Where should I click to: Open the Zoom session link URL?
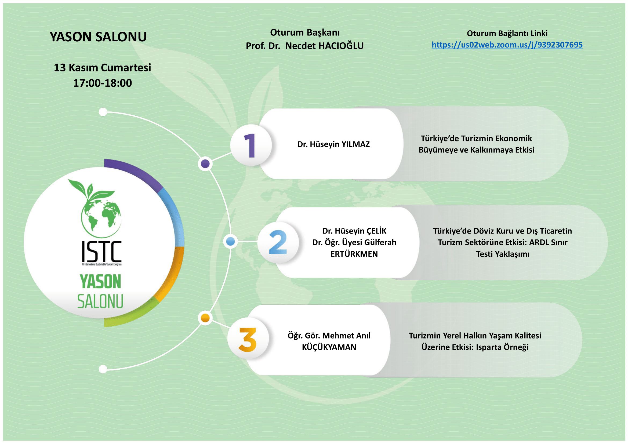pyautogui.click(x=507, y=45)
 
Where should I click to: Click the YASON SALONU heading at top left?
pyautogui.click(x=98, y=37)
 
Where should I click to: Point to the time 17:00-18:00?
pyautogui.click(x=103, y=83)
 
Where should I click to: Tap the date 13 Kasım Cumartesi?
pyautogui.click(x=102, y=68)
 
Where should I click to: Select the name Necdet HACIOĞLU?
pyautogui.click(x=324, y=46)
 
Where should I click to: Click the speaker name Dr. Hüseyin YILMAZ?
pyautogui.click(x=333, y=144)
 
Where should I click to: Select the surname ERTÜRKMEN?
pyautogui.click(x=354, y=254)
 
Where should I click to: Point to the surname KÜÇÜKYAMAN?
pyautogui.click(x=329, y=347)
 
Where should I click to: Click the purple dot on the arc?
pyautogui.click(x=205, y=164)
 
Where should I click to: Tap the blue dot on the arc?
pyautogui.click(x=231, y=242)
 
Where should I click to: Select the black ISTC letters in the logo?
pyautogui.click(x=101, y=251)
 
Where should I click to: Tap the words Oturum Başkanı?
pyautogui.click(x=305, y=32)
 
